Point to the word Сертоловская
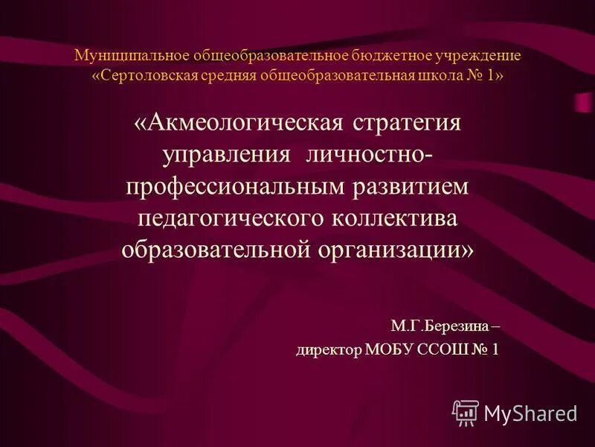(x=145, y=77)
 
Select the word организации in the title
(x=392, y=250)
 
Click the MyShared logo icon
(x=466, y=412)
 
